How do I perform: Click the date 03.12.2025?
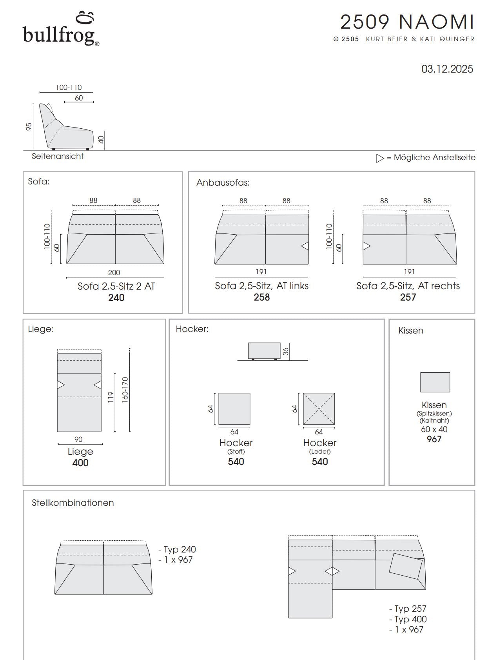[447, 69]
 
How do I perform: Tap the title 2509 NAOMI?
[407, 22]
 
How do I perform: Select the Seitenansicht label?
[58, 156]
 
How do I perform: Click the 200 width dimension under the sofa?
[114, 272]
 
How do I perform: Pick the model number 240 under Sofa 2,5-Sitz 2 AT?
[116, 298]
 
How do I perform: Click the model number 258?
[261, 297]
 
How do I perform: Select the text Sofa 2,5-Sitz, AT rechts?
[408, 286]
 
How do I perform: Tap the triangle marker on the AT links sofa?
[305, 246]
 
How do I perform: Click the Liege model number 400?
[80, 463]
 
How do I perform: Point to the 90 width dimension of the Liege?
[78, 439]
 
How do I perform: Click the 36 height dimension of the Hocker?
[286, 351]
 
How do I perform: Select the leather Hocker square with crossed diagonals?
[319, 409]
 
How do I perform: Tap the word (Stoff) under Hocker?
[236, 452]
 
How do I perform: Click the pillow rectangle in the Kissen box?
[435, 382]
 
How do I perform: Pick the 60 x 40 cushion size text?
[434, 429]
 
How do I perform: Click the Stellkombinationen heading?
[73, 503]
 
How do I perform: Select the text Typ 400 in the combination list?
[408, 619]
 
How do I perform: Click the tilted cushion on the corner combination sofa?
[406, 566]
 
